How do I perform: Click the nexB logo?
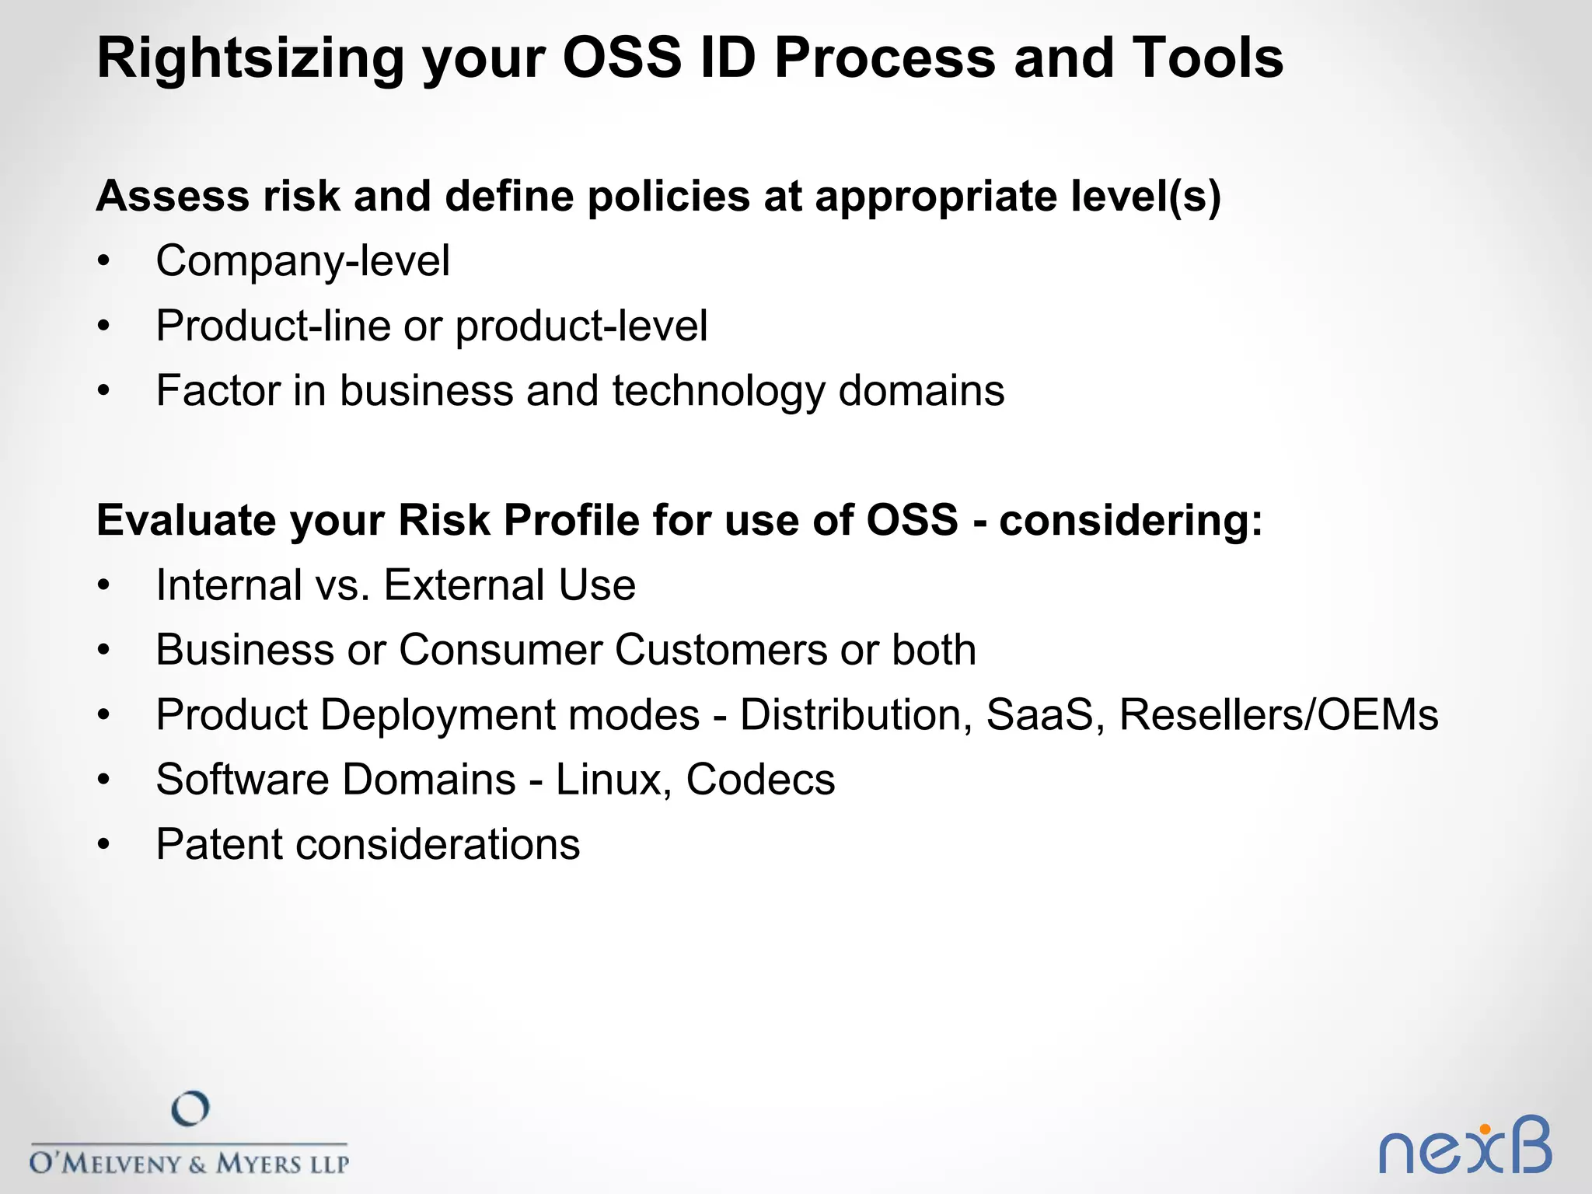[1465, 1147]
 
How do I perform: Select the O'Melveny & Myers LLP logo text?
[190, 1164]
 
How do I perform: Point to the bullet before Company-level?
[104, 262]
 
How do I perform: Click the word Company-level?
[302, 261]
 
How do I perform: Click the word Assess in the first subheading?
[172, 196]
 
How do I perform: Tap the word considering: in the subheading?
[1130, 520]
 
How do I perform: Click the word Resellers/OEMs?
[1279, 715]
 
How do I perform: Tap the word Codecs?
[760, 780]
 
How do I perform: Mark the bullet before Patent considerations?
[104, 846]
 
